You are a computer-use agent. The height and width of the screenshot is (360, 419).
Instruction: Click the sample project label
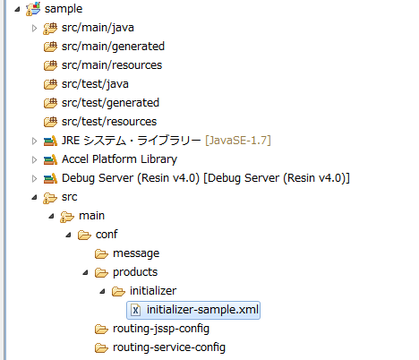coord(64,9)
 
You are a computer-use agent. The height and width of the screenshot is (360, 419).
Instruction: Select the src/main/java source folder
coord(98,28)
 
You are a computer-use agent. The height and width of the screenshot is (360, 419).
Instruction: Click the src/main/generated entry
coord(113,47)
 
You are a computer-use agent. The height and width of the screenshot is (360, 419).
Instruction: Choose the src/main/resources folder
coord(112,65)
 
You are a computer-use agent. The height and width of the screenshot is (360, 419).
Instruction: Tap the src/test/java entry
coord(95,84)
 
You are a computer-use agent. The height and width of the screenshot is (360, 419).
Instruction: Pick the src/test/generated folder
coord(110,103)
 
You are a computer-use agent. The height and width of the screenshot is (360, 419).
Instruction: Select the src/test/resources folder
coord(109,122)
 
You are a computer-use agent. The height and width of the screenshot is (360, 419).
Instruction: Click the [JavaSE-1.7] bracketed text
coord(238,141)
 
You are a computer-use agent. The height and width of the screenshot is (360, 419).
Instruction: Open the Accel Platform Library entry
coord(119,159)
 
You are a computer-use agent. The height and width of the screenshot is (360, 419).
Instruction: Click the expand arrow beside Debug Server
coord(34,178)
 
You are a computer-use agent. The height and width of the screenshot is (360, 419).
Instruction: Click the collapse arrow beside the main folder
coord(51,216)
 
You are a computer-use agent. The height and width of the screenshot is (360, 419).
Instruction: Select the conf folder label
coord(107,235)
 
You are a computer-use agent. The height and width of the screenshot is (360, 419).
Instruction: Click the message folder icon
coord(101,254)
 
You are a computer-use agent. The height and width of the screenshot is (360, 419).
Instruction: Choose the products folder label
coord(135,272)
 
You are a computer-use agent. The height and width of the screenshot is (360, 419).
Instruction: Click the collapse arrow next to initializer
coord(102,291)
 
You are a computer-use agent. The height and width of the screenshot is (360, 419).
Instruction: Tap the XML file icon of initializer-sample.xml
coord(136,310)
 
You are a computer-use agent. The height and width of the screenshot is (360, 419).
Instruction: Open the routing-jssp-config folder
coord(161,329)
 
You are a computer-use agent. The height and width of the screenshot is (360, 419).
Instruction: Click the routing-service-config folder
coord(169,347)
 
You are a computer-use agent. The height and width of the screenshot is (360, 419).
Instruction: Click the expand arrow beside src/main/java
coord(34,28)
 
